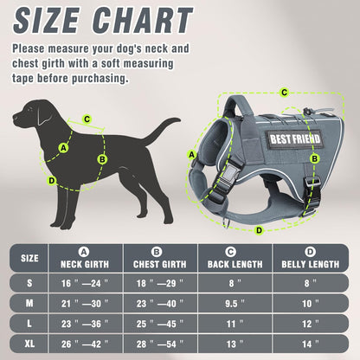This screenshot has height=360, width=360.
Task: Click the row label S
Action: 29,282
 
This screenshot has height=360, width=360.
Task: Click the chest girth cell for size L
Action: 159,324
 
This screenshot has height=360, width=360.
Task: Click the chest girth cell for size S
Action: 159,282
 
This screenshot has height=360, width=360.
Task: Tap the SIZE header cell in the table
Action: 29,258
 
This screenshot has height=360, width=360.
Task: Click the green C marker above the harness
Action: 284,91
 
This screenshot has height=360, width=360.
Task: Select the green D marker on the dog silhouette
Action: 51,180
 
